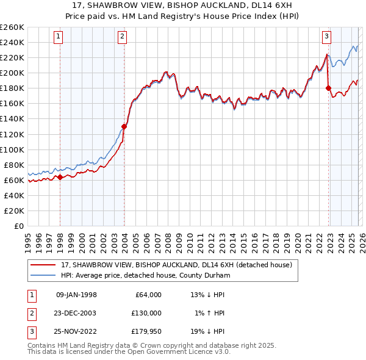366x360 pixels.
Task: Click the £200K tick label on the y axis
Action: click(12, 73)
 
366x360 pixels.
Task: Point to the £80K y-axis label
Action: click(13, 165)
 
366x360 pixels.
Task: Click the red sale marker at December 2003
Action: click(124, 126)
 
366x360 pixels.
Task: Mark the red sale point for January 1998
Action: click(60, 177)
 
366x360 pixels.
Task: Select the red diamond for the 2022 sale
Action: click(328, 88)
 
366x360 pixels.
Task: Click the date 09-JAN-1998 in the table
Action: click(76, 295)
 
